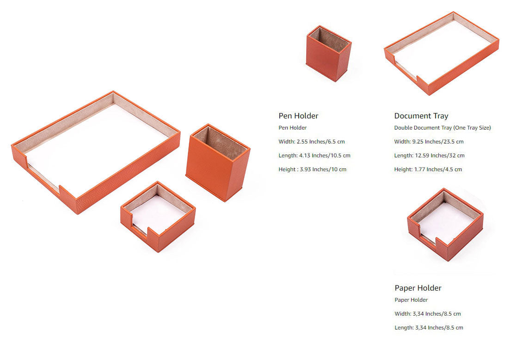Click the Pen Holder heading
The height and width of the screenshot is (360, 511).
298,116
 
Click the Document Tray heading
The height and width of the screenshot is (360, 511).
421,116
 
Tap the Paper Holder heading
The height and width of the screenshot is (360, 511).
418,288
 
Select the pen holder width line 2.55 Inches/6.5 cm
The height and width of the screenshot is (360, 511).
312,142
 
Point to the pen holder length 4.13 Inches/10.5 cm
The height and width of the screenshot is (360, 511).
314,155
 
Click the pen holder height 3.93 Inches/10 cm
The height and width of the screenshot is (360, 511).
312,169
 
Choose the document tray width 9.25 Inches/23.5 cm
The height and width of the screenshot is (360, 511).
429,142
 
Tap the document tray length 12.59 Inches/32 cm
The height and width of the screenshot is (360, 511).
429,155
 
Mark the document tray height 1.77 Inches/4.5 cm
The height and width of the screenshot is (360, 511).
428,169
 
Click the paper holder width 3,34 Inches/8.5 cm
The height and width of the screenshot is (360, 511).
427,314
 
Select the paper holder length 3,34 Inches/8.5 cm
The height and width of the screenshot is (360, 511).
428,328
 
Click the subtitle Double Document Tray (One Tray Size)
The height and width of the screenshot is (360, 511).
442,128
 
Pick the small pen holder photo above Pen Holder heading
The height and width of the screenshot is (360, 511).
328,53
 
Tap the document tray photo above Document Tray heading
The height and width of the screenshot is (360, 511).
441,53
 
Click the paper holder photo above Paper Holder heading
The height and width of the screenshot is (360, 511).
445,224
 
